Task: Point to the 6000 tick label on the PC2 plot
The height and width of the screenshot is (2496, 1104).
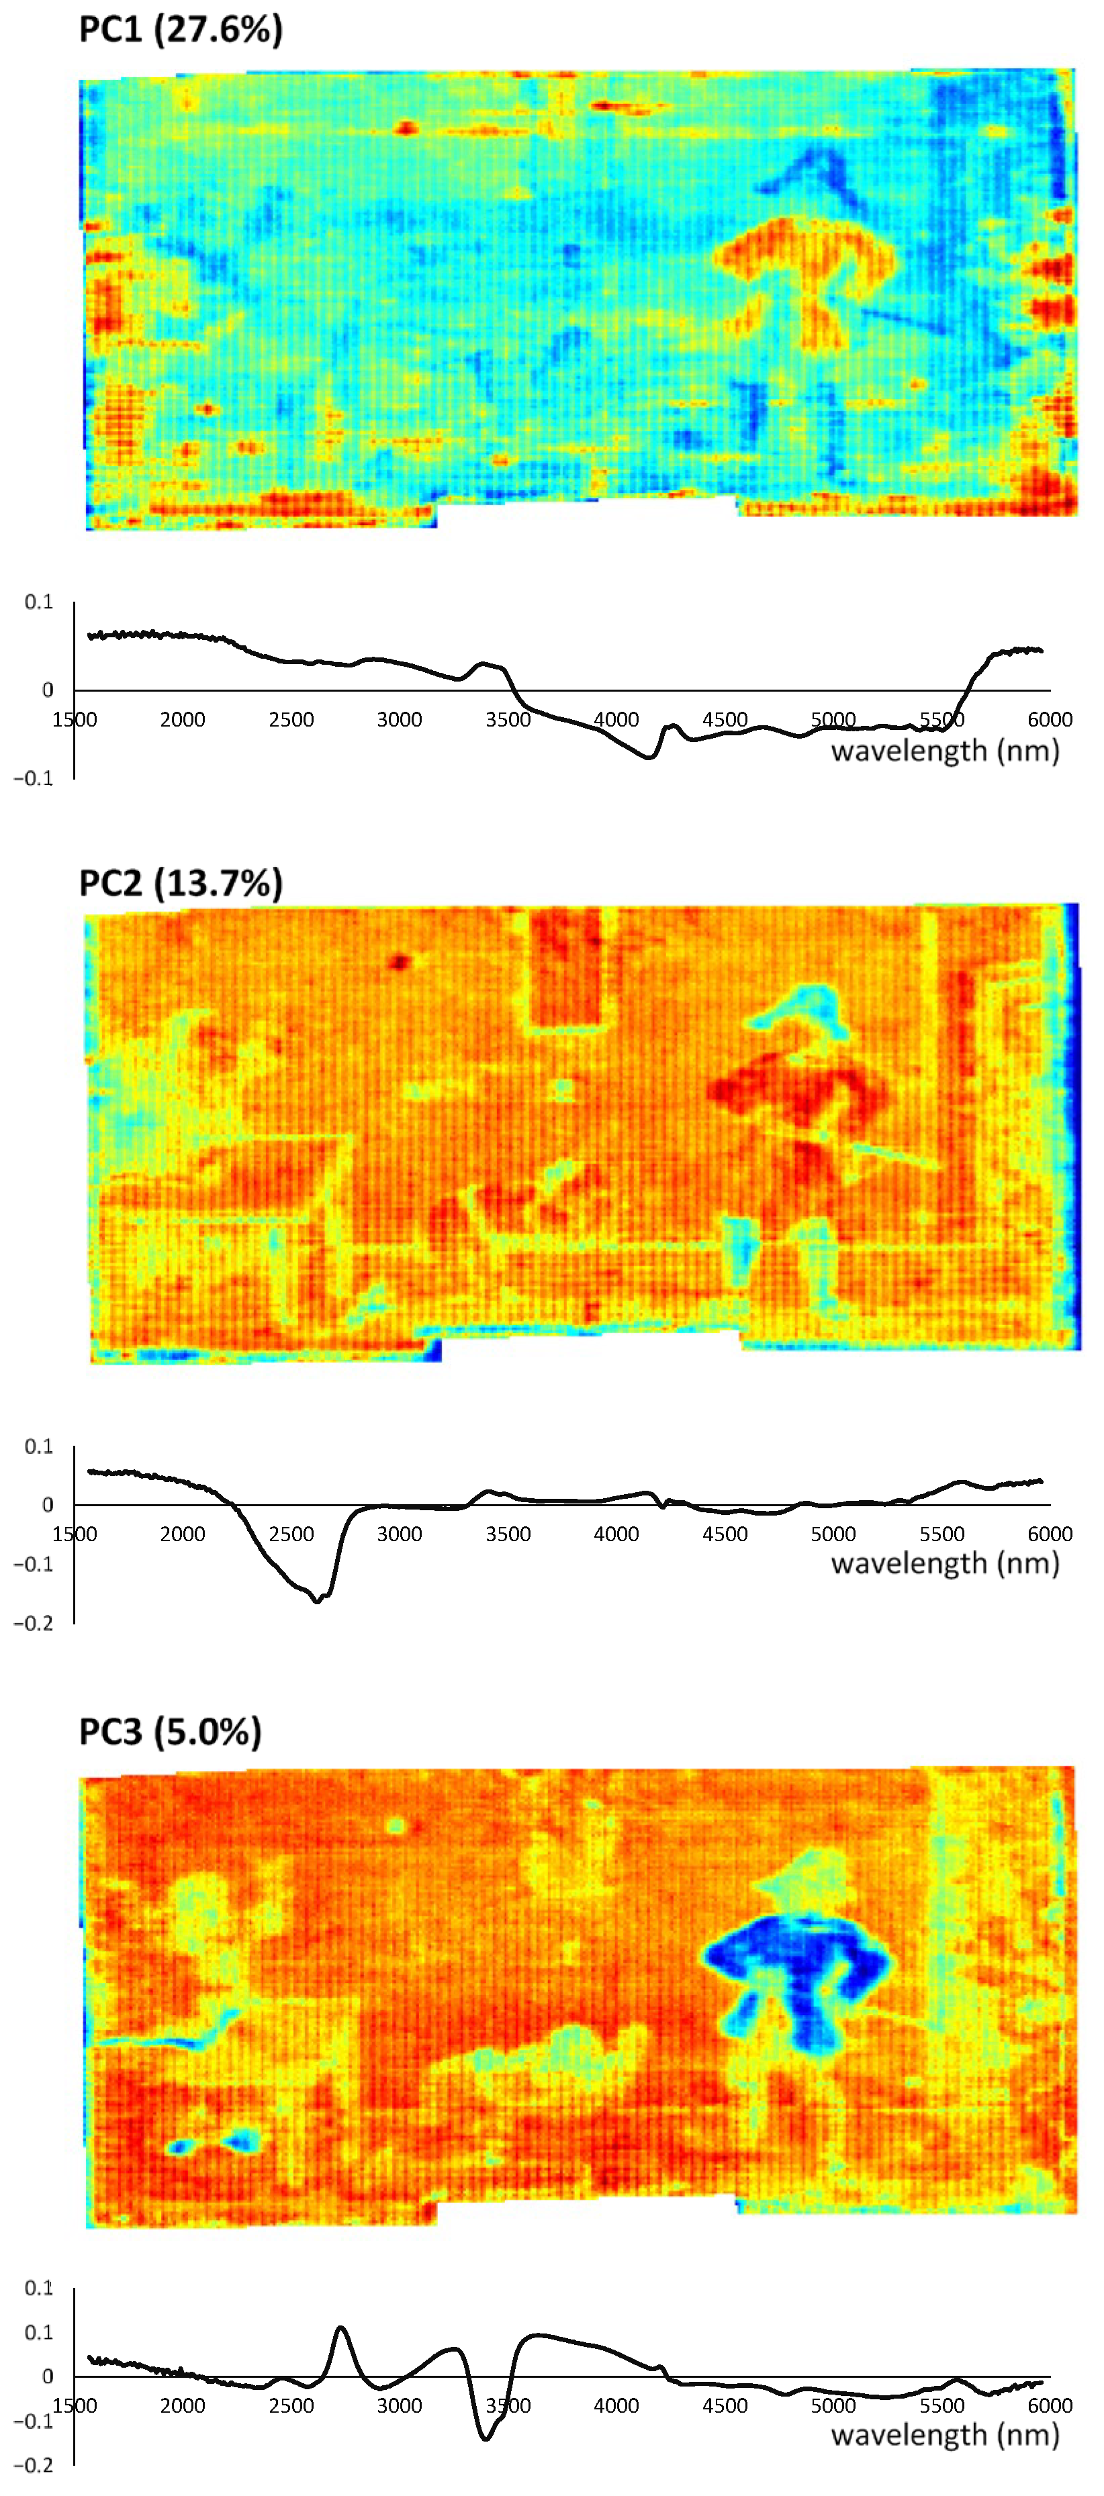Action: click(1049, 1534)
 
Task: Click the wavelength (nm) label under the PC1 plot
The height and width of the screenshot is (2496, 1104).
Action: click(944, 751)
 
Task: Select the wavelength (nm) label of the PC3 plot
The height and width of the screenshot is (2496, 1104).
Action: click(944, 2435)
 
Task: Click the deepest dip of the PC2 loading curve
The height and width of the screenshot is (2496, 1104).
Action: click(317, 1601)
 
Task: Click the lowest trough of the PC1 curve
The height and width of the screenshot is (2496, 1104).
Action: click(649, 757)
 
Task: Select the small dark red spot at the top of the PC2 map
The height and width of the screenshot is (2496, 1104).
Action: click(400, 962)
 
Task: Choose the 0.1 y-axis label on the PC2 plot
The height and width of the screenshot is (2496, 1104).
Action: click(39, 1446)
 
